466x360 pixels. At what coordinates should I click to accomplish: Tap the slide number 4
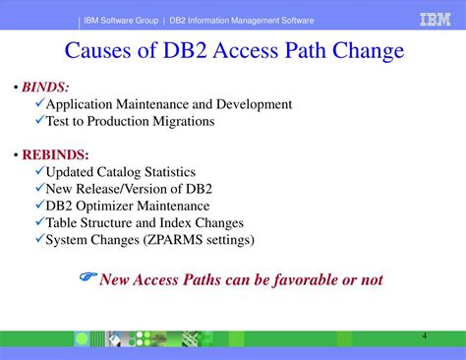click(424, 336)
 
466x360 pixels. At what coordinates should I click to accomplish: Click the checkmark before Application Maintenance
click(39, 104)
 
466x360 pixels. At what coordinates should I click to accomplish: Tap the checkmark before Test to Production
click(39, 121)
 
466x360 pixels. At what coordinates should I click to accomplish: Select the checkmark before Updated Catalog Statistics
click(39, 172)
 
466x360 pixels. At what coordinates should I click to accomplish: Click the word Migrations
click(179, 121)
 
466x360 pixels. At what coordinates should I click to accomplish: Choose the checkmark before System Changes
click(39, 239)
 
